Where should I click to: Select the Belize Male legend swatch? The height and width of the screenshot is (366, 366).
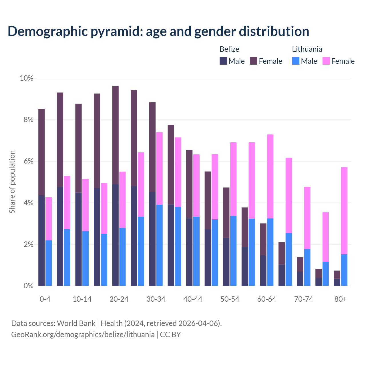[x=223, y=61]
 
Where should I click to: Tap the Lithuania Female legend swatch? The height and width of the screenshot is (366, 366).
[x=326, y=61]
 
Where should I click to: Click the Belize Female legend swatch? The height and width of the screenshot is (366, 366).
[x=254, y=61]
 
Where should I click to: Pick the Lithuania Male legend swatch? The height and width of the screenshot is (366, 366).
[x=296, y=61]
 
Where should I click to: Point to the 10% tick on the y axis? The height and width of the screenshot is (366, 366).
[x=26, y=78]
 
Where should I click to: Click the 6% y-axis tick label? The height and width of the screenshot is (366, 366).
[x=28, y=161]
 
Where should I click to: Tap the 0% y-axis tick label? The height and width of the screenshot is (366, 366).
[x=28, y=286]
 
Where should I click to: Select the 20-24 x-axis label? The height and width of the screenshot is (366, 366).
[x=119, y=299]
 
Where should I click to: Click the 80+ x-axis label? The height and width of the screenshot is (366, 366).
[x=341, y=299]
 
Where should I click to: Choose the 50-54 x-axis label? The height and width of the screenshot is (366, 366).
[x=230, y=299]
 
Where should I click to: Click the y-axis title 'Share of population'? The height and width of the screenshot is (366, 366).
[x=12, y=182]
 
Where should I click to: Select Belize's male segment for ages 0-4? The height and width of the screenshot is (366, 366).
[x=41, y=240]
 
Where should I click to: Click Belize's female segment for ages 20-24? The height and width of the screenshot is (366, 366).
[x=116, y=135]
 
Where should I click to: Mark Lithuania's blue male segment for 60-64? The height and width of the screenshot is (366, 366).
[x=270, y=252]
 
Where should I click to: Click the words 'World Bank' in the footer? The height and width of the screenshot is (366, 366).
[x=76, y=323]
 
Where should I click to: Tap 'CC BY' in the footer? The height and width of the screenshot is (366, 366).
[x=170, y=335]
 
